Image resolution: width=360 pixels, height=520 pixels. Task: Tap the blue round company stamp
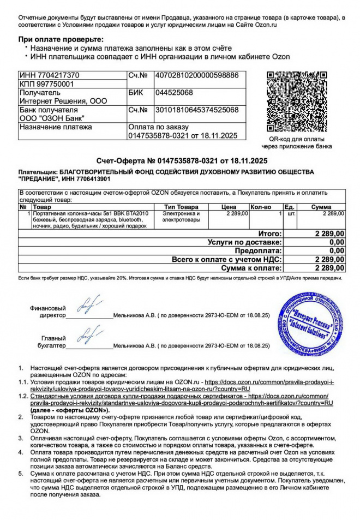coord(309,324)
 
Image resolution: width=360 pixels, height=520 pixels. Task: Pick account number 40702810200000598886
coord(197,75)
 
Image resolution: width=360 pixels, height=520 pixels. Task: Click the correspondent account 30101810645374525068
coord(197,110)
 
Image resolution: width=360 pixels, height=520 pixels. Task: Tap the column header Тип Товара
coord(181,207)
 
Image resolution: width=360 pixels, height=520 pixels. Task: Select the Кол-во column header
coord(261,207)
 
